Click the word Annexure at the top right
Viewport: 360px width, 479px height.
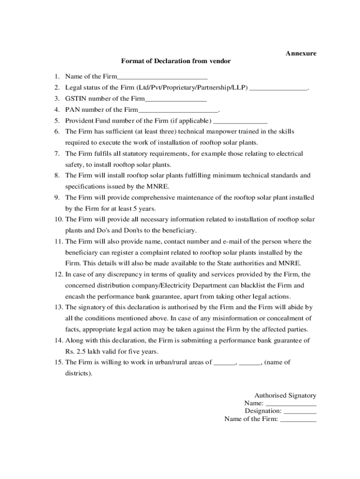[x=301, y=53]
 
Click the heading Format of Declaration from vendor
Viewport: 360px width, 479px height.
[x=176, y=61]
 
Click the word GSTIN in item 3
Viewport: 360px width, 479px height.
[x=76, y=99]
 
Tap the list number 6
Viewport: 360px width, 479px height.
[x=57, y=131]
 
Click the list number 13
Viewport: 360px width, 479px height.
[x=58, y=307]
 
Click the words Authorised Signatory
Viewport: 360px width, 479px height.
[x=285, y=396]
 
